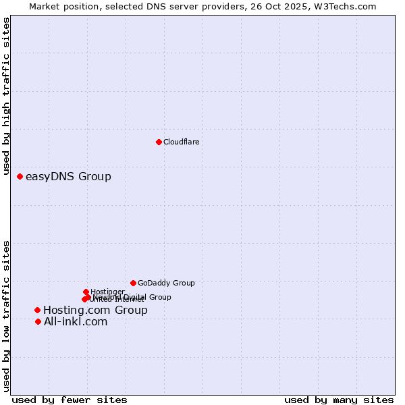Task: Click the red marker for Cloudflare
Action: click(x=159, y=142)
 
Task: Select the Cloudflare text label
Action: click(x=181, y=142)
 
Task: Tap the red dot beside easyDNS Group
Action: click(x=20, y=176)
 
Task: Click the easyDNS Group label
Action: click(x=68, y=177)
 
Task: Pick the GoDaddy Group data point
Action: click(x=133, y=283)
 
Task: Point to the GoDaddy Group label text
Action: click(x=166, y=283)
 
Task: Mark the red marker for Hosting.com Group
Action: click(x=37, y=310)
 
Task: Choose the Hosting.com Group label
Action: click(x=95, y=310)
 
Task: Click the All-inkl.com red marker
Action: click(x=38, y=321)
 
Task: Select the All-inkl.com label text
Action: click(x=76, y=322)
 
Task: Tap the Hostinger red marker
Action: click(x=86, y=292)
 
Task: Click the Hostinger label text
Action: click(x=107, y=292)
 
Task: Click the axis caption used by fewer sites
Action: click(x=70, y=400)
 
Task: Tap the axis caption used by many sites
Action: click(x=339, y=400)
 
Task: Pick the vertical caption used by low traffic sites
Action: click(x=7, y=316)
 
